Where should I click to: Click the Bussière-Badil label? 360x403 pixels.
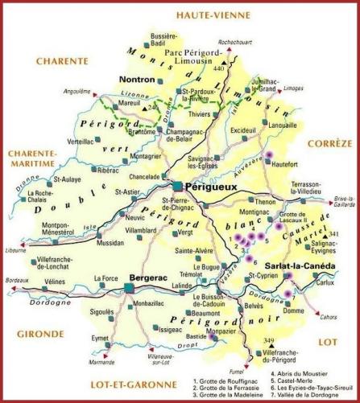(165, 40)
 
